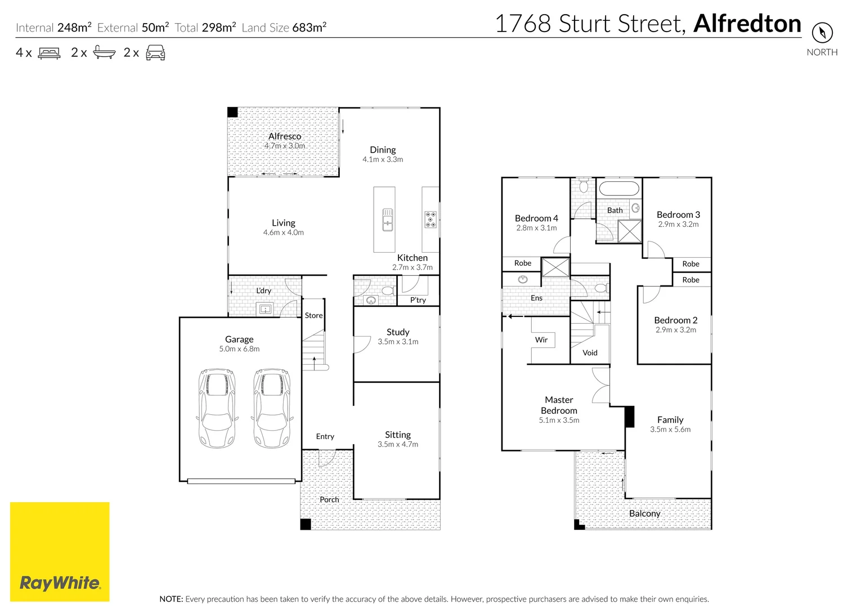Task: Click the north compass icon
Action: pyautogui.click(x=822, y=32)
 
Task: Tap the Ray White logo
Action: pyautogui.click(x=60, y=552)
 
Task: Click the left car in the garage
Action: pyautogui.click(x=217, y=408)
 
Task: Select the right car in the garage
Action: pyautogui.click(x=273, y=408)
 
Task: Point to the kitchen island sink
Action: pyautogui.click(x=388, y=220)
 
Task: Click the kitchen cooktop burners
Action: pyautogui.click(x=431, y=220)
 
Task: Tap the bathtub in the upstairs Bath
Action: pyautogui.click(x=618, y=189)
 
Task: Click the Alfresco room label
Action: pyautogui.click(x=285, y=136)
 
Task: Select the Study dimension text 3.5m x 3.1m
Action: pyautogui.click(x=398, y=342)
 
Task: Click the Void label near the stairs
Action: pyautogui.click(x=590, y=353)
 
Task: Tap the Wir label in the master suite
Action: pyautogui.click(x=541, y=340)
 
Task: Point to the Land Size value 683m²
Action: pyautogui.click(x=310, y=28)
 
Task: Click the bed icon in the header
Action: pyautogui.click(x=49, y=53)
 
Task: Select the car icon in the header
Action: pyautogui.click(x=155, y=53)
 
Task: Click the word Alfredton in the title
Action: pyautogui.click(x=747, y=24)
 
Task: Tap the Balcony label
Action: pyautogui.click(x=644, y=513)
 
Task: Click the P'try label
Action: pyautogui.click(x=418, y=300)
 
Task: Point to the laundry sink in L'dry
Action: pyautogui.click(x=265, y=309)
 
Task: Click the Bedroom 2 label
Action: pyautogui.click(x=675, y=320)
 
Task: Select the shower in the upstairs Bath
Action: pyautogui.click(x=630, y=231)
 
